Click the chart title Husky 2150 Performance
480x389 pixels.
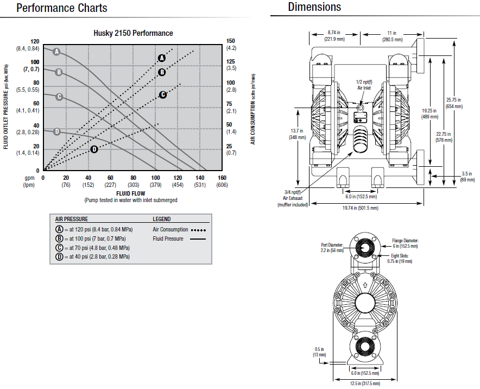pyautogui.click(x=133, y=33)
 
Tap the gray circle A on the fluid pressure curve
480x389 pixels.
pyautogui.click(x=56, y=52)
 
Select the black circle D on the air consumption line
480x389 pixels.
pyautogui.click(x=94, y=149)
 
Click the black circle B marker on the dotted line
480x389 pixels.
pyautogui.click(x=162, y=72)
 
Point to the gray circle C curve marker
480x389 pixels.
pyautogui.click(x=59, y=97)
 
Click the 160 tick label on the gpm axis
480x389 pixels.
pyautogui.click(x=222, y=178)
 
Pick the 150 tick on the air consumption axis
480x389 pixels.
pyautogui.click(x=231, y=41)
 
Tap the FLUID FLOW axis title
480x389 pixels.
pyautogui.click(x=130, y=193)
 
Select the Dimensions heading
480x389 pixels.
pyautogui.click(x=314, y=7)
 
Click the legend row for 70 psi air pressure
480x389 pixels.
pyautogui.click(x=92, y=247)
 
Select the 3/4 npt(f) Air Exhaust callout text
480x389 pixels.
pyautogui.click(x=293, y=198)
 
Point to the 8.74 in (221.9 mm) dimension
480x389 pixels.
pyautogui.click(x=335, y=36)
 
